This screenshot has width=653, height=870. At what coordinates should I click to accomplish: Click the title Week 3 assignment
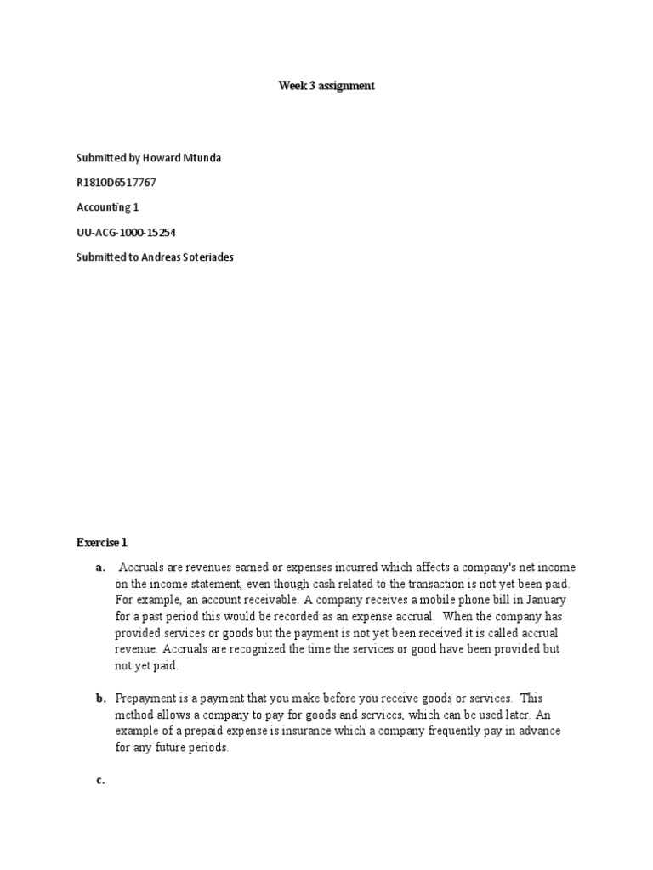pyautogui.click(x=326, y=86)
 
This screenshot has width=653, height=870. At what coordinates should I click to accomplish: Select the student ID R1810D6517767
pyautogui.click(x=116, y=183)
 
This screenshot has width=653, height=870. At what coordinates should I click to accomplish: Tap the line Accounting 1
pyautogui.click(x=107, y=207)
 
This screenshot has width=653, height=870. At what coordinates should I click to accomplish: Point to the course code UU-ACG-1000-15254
pyautogui.click(x=126, y=232)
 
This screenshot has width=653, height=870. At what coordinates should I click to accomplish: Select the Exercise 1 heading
pyautogui.click(x=101, y=542)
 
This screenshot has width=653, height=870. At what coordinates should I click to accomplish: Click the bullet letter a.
pyautogui.click(x=99, y=568)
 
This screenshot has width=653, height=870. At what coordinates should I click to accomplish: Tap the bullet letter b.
pyautogui.click(x=99, y=698)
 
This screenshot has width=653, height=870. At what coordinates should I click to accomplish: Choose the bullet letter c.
pyautogui.click(x=99, y=780)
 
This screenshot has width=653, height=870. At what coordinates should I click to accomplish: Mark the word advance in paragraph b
pyautogui.click(x=541, y=732)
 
